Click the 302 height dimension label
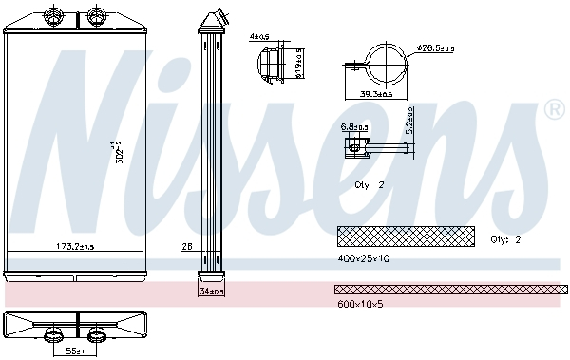coord(119,153)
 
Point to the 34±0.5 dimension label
coord(212,292)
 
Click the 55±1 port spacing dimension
coord(75,351)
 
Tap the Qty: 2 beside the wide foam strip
coord(505,239)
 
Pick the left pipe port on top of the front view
coord(52,16)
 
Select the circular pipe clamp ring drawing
coord(386,64)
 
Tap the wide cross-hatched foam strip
coord(405,235)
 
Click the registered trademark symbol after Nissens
coord(554,112)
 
